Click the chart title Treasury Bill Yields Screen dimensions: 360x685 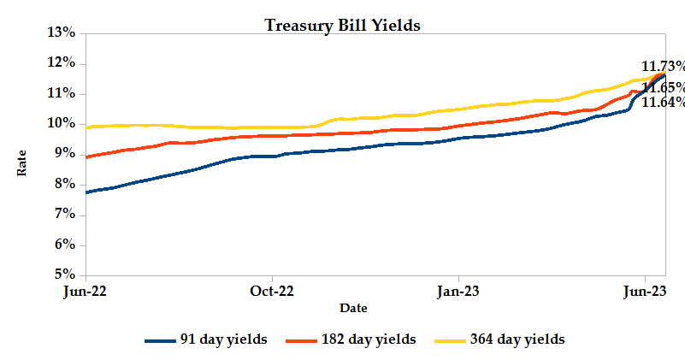(x=342, y=25)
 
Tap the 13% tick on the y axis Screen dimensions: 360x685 (x=65, y=32)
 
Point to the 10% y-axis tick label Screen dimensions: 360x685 (x=65, y=123)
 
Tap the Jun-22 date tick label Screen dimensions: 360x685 (x=86, y=291)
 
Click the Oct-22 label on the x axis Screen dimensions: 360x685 (x=272, y=291)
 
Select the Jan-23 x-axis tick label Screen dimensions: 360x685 (x=458, y=291)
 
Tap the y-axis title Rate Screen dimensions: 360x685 (x=22, y=162)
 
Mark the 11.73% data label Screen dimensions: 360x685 (x=664, y=66)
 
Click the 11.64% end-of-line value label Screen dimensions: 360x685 (x=663, y=102)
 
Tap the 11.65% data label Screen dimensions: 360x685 (x=664, y=87)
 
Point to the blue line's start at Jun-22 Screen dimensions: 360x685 (x=87, y=192)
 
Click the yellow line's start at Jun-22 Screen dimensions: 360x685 (x=87, y=127)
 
